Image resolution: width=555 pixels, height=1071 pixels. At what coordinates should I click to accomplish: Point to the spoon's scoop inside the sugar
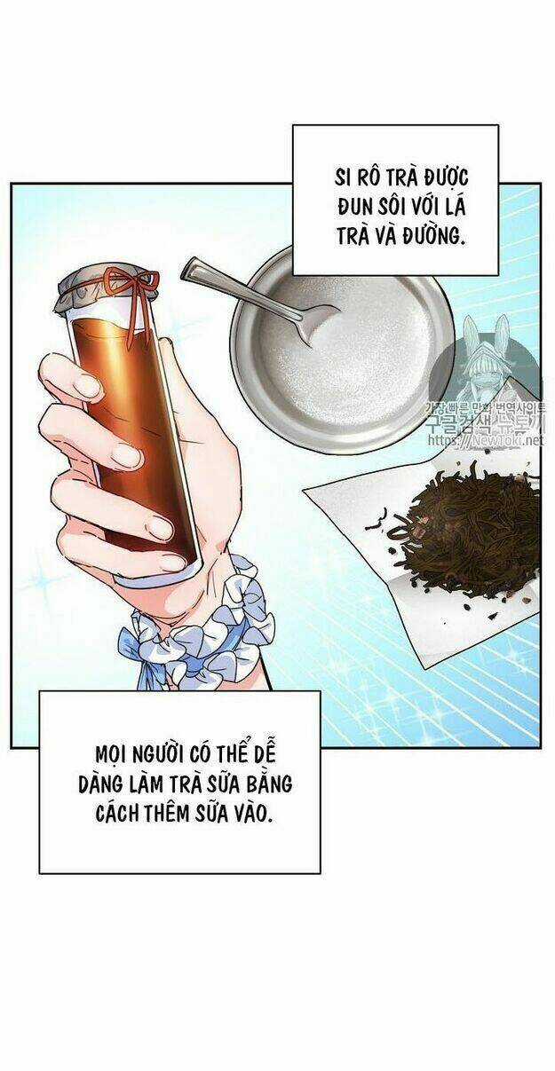320,324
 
